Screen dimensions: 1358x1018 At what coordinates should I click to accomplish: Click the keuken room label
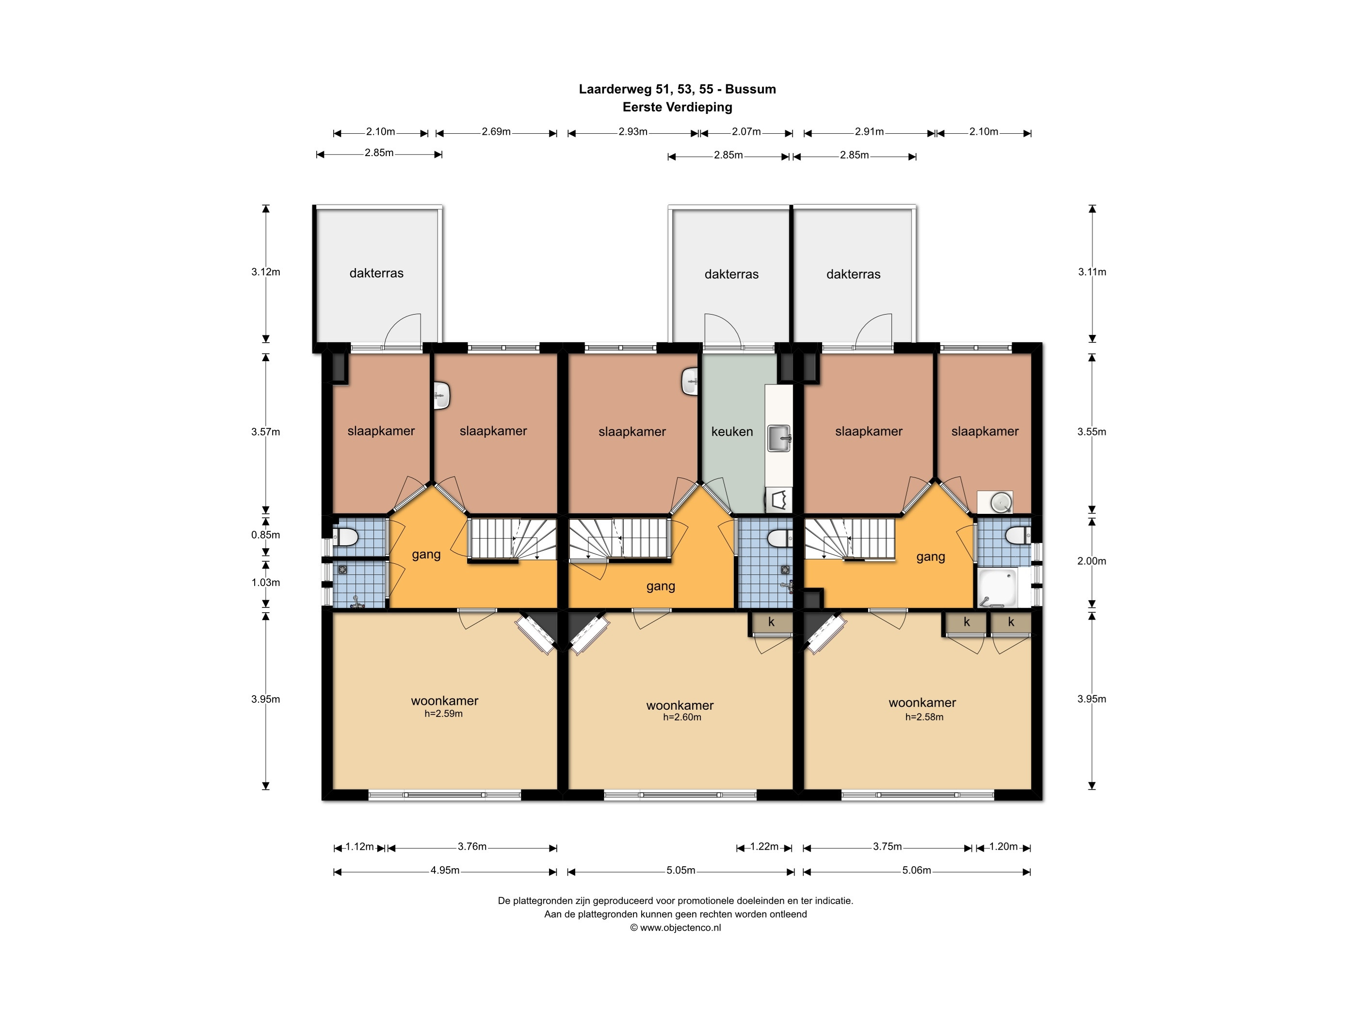click(x=732, y=431)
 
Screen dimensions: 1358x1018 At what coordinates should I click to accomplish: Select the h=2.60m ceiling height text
click(x=681, y=716)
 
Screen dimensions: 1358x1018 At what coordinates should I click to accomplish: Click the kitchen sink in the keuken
click(x=779, y=439)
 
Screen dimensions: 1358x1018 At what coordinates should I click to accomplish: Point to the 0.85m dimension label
click(x=265, y=535)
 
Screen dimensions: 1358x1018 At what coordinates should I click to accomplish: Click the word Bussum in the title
click(x=750, y=89)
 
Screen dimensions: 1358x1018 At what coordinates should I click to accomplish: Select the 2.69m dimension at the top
click(x=496, y=131)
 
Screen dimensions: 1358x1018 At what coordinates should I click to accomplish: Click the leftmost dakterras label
click(x=376, y=273)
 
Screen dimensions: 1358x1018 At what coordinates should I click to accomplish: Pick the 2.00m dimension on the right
click(x=1092, y=561)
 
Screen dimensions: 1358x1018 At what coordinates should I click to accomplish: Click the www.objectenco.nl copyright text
click(x=675, y=928)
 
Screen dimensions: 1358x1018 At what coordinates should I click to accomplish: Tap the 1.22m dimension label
click(x=764, y=847)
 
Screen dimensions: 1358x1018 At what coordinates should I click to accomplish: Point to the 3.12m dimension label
click(x=265, y=272)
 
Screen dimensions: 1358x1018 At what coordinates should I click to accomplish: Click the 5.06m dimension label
click(x=917, y=870)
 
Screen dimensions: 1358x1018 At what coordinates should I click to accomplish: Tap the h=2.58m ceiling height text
click(x=924, y=716)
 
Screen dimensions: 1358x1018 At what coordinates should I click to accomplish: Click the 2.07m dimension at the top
click(x=746, y=131)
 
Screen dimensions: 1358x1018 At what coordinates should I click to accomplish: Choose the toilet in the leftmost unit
click(x=346, y=538)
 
